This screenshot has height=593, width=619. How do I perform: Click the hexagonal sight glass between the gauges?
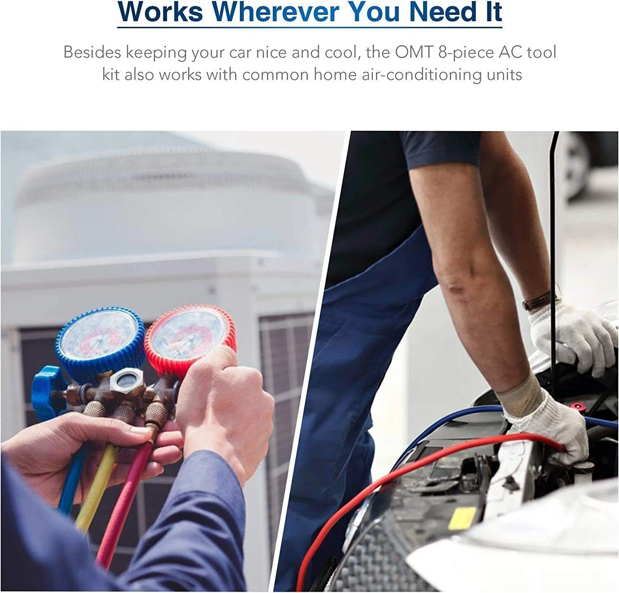pos(127,382)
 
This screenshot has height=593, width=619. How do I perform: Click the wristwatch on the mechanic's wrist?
pos(537,301)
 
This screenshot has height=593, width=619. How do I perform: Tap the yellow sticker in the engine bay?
pos(462,518)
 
